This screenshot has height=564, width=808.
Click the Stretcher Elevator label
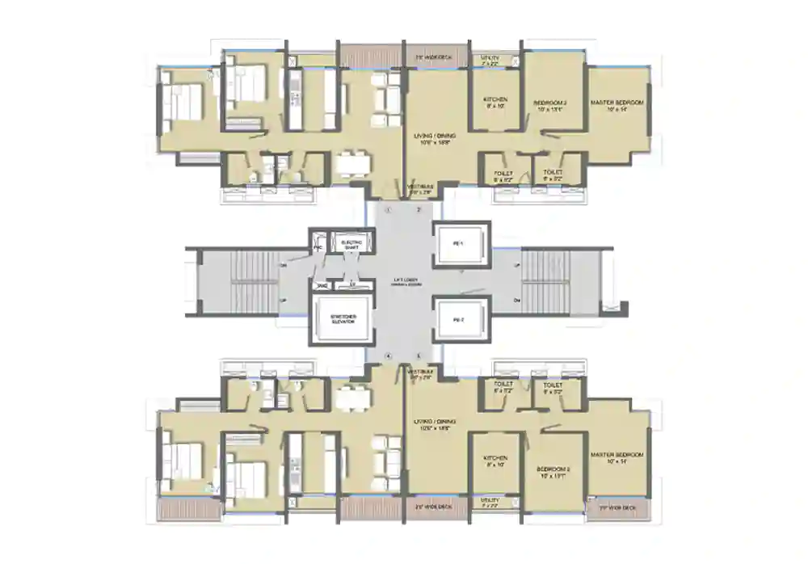339,317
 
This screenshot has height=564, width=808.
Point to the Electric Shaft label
351,243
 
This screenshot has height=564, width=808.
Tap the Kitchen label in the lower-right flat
494,461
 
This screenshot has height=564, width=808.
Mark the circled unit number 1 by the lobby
389,209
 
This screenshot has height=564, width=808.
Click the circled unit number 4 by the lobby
389,356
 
